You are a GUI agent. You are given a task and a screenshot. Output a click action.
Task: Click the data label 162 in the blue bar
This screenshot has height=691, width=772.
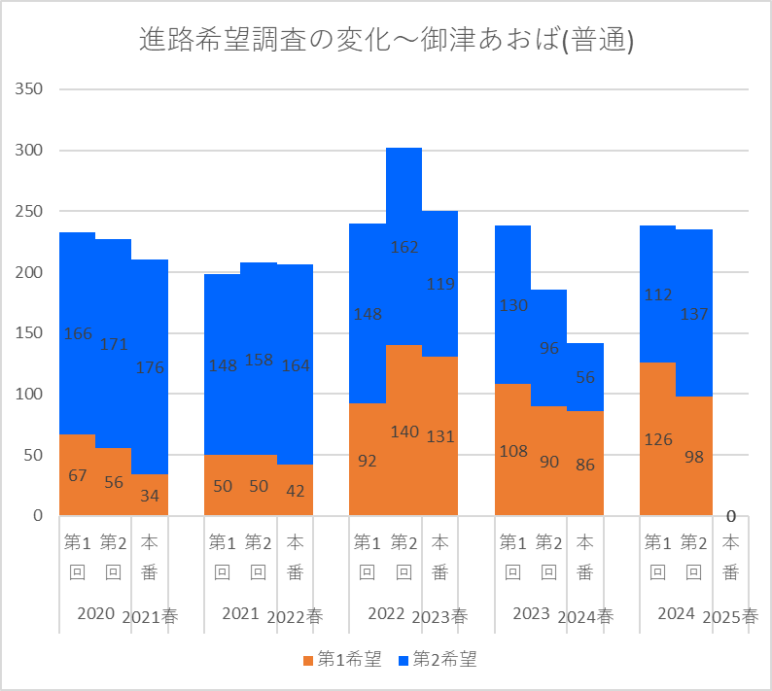(x=404, y=247)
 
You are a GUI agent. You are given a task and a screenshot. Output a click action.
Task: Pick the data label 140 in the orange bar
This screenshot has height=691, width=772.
(x=404, y=432)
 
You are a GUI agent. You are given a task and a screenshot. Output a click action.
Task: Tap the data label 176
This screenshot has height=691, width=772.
(x=150, y=367)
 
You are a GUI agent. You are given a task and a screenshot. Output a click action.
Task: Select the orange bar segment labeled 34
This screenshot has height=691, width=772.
(x=150, y=496)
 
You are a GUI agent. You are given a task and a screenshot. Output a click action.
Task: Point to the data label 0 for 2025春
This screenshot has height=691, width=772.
(x=730, y=516)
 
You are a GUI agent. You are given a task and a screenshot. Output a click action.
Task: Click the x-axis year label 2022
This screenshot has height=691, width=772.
(x=386, y=613)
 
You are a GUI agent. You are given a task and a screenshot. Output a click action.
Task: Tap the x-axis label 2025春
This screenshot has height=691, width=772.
(x=730, y=616)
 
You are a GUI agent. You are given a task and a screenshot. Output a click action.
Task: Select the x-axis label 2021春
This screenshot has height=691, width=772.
(x=150, y=616)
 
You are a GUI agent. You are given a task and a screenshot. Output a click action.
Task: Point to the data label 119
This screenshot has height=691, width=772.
(x=439, y=285)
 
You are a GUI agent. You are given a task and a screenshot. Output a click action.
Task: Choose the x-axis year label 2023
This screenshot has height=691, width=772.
(x=531, y=613)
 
